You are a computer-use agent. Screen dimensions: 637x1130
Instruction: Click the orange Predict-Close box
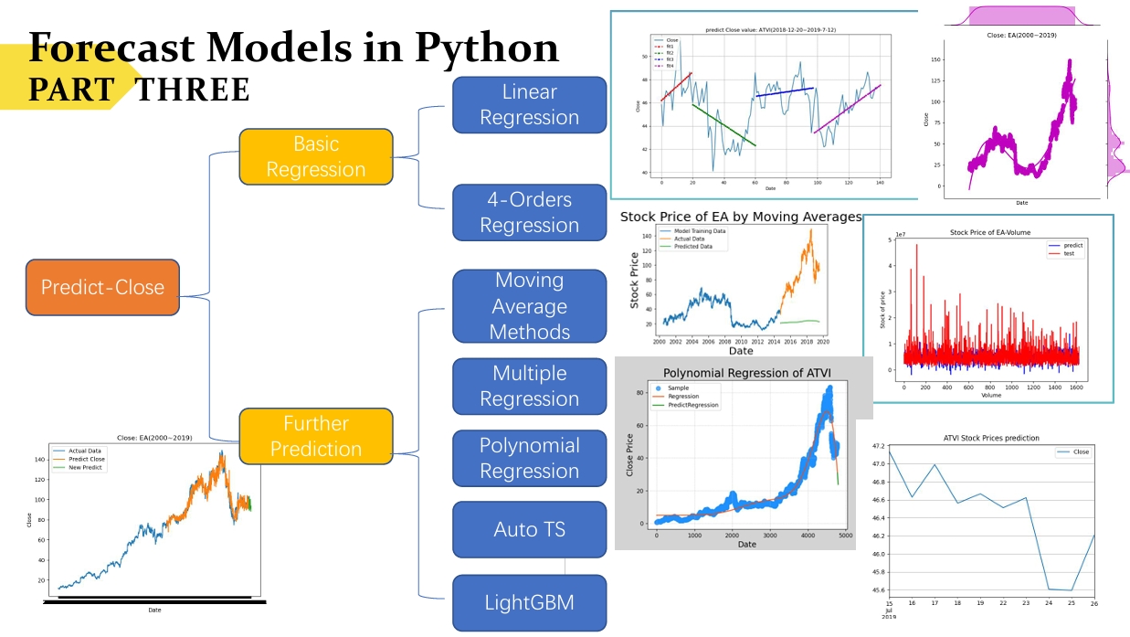pos(102,287)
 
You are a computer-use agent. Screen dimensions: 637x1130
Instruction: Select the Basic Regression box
pos(315,156)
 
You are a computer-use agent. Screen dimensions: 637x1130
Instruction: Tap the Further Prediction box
pos(315,436)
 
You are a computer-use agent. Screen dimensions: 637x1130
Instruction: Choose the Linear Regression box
pos(529,104)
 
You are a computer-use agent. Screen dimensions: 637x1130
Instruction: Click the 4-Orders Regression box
pos(529,212)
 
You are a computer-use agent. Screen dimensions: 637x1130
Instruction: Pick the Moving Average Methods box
pos(529,306)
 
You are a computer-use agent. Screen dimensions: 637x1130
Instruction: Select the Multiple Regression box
pos(529,386)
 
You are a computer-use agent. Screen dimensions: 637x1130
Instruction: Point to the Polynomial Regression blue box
pos(529,458)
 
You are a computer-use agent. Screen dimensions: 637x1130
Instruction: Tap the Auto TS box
pos(529,529)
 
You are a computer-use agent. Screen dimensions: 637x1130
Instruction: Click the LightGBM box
pos(529,602)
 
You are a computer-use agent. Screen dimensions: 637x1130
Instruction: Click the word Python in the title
pos(486,48)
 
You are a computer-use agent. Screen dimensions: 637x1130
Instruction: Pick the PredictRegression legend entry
pos(692,405)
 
